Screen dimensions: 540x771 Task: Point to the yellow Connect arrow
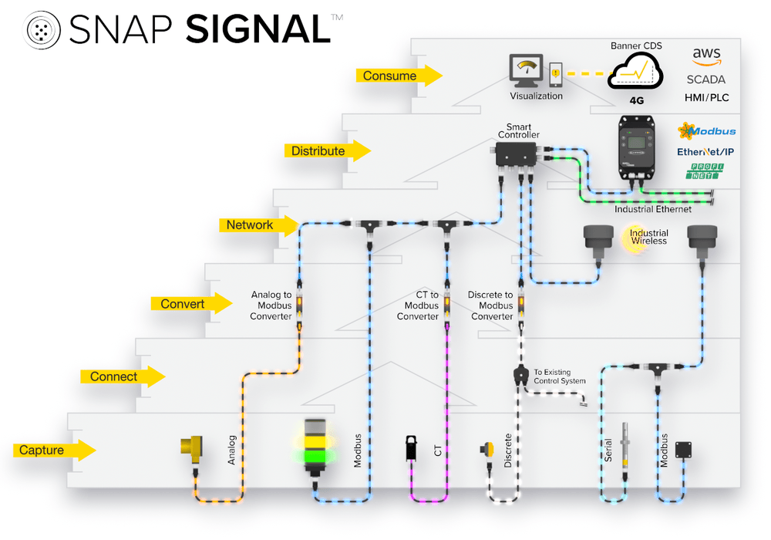click(x=123, y=376)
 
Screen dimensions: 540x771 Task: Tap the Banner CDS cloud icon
click(x=636, y=72)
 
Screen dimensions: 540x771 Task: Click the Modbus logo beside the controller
click(x=706, y=131)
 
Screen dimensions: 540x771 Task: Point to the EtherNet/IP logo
click(x=705, y=152)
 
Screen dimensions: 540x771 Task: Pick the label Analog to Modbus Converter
click(x=271, y=305)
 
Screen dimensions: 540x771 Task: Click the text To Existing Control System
click(x=559, y=376)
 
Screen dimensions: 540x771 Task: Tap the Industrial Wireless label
click(x=648, y=237)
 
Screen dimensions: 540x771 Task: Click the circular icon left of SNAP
click(x=44, y=29)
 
